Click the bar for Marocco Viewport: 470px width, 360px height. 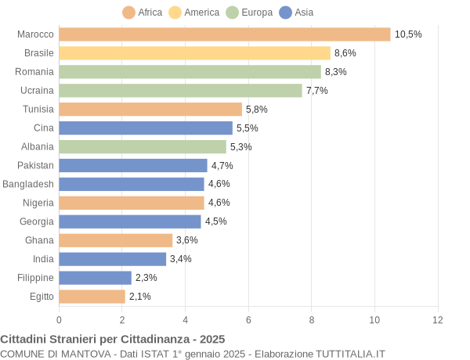pos(224,34)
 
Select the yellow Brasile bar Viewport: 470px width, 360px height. pos(194,53)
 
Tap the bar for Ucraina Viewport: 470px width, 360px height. pos(180,91)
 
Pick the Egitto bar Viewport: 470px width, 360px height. pos(92,297)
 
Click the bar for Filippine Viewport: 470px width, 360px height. pos(95,278)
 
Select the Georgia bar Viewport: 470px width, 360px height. pos(129,221)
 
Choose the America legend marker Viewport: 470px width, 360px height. pos(175,12)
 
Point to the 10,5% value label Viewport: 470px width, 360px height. pos(408,34)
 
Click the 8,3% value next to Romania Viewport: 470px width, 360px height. pos(335,72)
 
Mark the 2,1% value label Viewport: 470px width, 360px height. pos(140,297)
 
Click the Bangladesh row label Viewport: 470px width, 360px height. pos(28,184)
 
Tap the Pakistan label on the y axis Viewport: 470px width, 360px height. pos(35,165)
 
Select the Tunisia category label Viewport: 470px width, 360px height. pos(38,110)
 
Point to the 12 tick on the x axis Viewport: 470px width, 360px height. pos(438,319)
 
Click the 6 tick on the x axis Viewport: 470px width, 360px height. pos(248,319)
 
